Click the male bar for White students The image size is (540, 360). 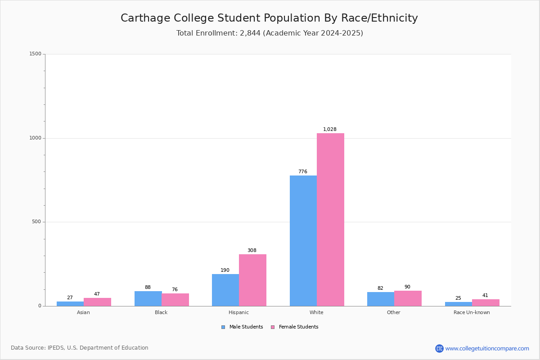click(303, 241)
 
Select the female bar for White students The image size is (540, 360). click(330, 220)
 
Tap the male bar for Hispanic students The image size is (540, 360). click(225, 290)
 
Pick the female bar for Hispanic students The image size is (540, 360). click(252, 280)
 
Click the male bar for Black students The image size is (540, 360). click(148, 298)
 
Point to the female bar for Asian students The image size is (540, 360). click(97, 302)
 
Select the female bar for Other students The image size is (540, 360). click(408, 298)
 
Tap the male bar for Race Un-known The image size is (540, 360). click(459, 304)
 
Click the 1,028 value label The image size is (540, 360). click(330, 130)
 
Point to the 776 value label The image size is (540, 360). click(303, 172)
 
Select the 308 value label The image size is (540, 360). click(252, 251)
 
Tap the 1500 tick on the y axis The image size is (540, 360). click(36, 54)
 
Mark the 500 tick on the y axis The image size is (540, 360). click(36, 222)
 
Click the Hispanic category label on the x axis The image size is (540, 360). click(238, 312)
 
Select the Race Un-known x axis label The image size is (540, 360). click(472, 312)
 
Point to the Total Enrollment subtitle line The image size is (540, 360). click(270, 33)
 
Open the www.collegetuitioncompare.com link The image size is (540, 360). click(487, 348)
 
